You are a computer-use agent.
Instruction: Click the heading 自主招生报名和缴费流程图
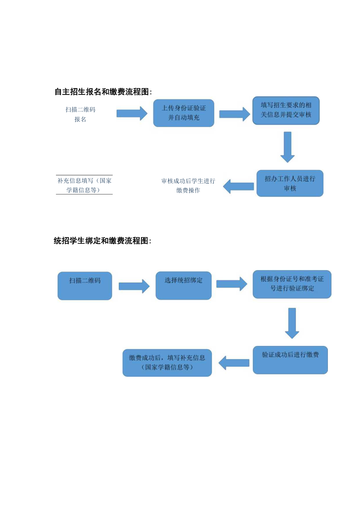coord(103,92)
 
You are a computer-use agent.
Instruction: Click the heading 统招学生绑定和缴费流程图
coord(102,241)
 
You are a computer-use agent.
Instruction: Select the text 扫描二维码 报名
coord(80,114)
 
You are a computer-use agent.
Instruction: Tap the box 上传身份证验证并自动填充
coord(184,113)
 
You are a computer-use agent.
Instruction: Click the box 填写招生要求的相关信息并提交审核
coord(286,110)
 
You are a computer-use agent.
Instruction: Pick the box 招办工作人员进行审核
coord(290,183)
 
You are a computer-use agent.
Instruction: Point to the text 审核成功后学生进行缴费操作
coord(188,186)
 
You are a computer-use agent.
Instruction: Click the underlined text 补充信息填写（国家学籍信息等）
coord(84,185)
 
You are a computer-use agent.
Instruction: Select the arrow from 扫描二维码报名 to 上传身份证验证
coord(132,113)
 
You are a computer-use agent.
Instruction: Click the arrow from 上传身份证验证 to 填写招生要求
coord(234,113)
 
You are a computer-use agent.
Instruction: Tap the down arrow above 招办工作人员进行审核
coord(288,147)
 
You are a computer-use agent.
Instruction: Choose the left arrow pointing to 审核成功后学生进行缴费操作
coord(238,187)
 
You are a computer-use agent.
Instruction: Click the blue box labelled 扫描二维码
coord(85,286)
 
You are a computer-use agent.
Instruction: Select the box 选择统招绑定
coord(184,286)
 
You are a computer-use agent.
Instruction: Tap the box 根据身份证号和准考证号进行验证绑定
coord(292,284)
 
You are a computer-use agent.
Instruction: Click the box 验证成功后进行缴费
coord(290,360)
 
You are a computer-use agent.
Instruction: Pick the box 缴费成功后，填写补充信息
coord(167,363)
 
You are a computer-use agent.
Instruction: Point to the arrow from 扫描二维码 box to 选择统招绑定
coord(134,286)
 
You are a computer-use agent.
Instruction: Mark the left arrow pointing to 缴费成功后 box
coord(234,363)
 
